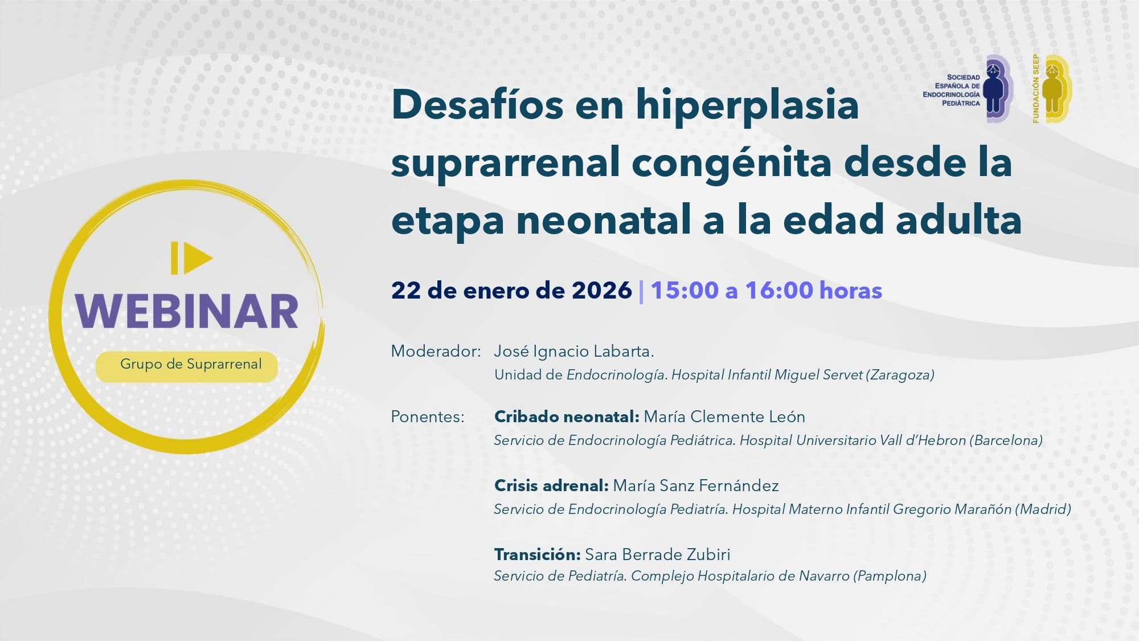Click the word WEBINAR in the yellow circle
(x=187, y=311)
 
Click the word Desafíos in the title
(x=477, y=105)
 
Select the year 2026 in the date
(x=602, y=291)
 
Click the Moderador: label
(x=436, y=352)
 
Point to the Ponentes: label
(x=427, y=417)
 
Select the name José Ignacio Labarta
(x=573, y=352)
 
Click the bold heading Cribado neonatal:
(x=567, y=417)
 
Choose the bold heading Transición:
(x=537, y=554)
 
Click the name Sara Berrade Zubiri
(x=658, y=554)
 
